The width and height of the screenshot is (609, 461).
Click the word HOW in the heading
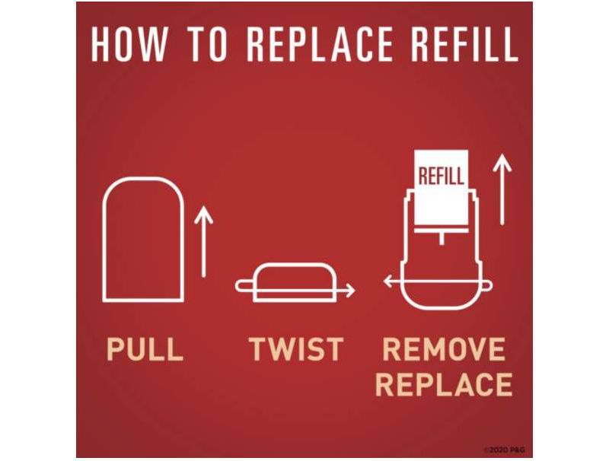[x=129, y=43]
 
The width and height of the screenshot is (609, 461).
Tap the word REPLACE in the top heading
[x=320, y=43]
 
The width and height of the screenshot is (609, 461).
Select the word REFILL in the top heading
[x=464, y=43]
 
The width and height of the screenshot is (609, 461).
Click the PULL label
[x=145, y=349]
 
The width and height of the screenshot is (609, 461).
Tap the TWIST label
[x=296, y=349]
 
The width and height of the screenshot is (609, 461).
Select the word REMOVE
[x=444, y=349]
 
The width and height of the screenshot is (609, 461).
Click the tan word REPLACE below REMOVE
[x=444, y=384]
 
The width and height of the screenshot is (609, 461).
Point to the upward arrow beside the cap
[x=203, y=241]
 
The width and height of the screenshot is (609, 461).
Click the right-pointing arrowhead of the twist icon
[x=349, y=291]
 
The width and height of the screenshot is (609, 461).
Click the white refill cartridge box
[x=442, y=187]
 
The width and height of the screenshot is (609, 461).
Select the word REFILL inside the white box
[x=442, y=176]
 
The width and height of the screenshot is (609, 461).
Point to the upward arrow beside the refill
[x=502, y=189]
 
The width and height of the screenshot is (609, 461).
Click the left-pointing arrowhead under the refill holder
[x=389, y=281]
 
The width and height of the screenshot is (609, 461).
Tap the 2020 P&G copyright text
[x=505, y=450]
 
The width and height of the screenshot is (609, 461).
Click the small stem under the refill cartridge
[x=442, y=238]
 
